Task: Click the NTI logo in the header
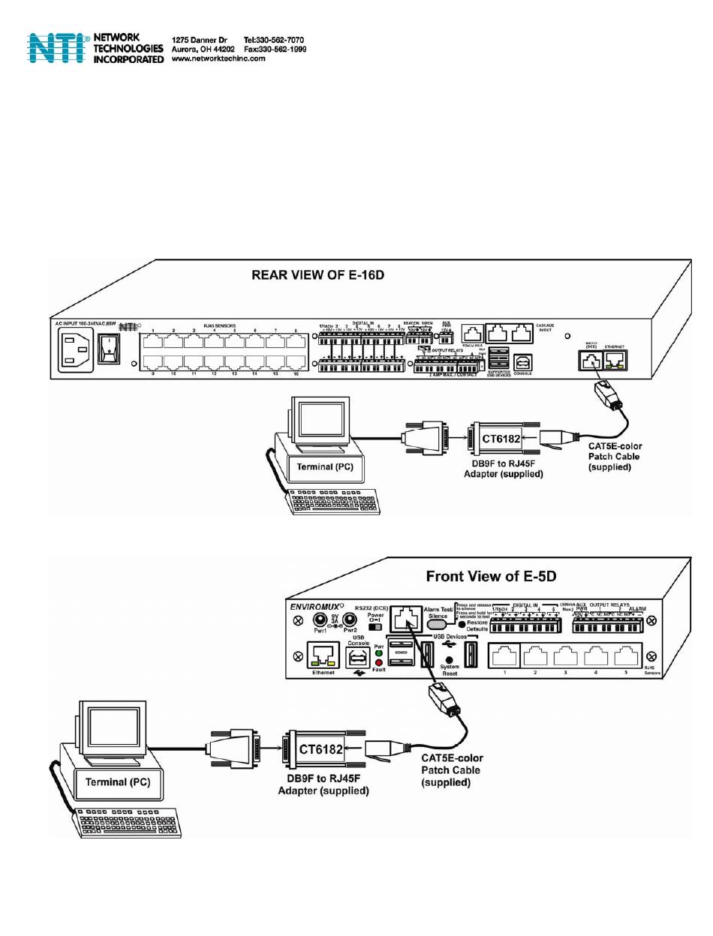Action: point(59,47)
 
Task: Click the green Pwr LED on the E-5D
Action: point(379,652)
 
